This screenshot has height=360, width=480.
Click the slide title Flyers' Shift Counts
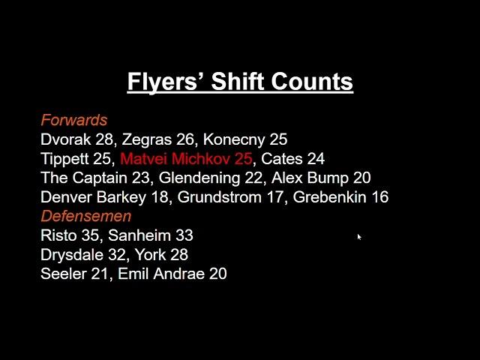[x=240, y=81]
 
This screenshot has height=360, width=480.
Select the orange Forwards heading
[x=73, y=120]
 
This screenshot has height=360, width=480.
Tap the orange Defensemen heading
[x=85, y=216]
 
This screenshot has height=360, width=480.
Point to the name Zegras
[x=147, y=139]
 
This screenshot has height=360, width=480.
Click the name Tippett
[x=66, y=159]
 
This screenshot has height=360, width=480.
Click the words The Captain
[x=86, y=178]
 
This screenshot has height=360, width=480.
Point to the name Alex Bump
[x=309, y=178]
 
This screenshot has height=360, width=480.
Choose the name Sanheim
[x=139, y=235]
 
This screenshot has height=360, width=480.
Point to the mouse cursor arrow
[x=359, y=237]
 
